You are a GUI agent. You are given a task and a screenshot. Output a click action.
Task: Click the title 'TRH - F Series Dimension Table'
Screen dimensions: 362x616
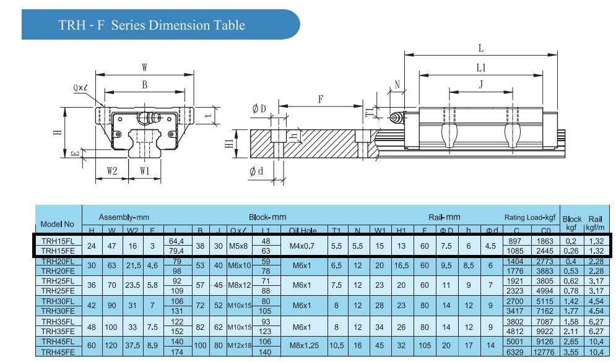152,25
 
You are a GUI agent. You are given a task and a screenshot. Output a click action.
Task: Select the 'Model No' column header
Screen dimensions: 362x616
57,224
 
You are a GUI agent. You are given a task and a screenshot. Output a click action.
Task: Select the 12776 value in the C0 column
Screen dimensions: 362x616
542,351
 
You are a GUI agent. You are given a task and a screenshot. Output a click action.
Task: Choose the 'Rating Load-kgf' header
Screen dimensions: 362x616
531,217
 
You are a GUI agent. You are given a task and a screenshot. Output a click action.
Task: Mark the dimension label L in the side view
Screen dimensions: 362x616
481,48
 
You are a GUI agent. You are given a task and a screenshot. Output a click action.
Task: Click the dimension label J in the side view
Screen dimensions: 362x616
480,85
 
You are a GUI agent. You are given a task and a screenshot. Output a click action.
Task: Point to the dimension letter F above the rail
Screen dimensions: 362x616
321,99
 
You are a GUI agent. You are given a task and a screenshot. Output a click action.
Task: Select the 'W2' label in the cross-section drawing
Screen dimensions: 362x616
111,170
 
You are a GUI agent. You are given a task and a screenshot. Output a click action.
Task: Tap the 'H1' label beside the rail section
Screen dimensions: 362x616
228,144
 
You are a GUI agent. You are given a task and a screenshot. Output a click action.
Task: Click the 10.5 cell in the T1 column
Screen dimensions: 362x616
336,346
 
